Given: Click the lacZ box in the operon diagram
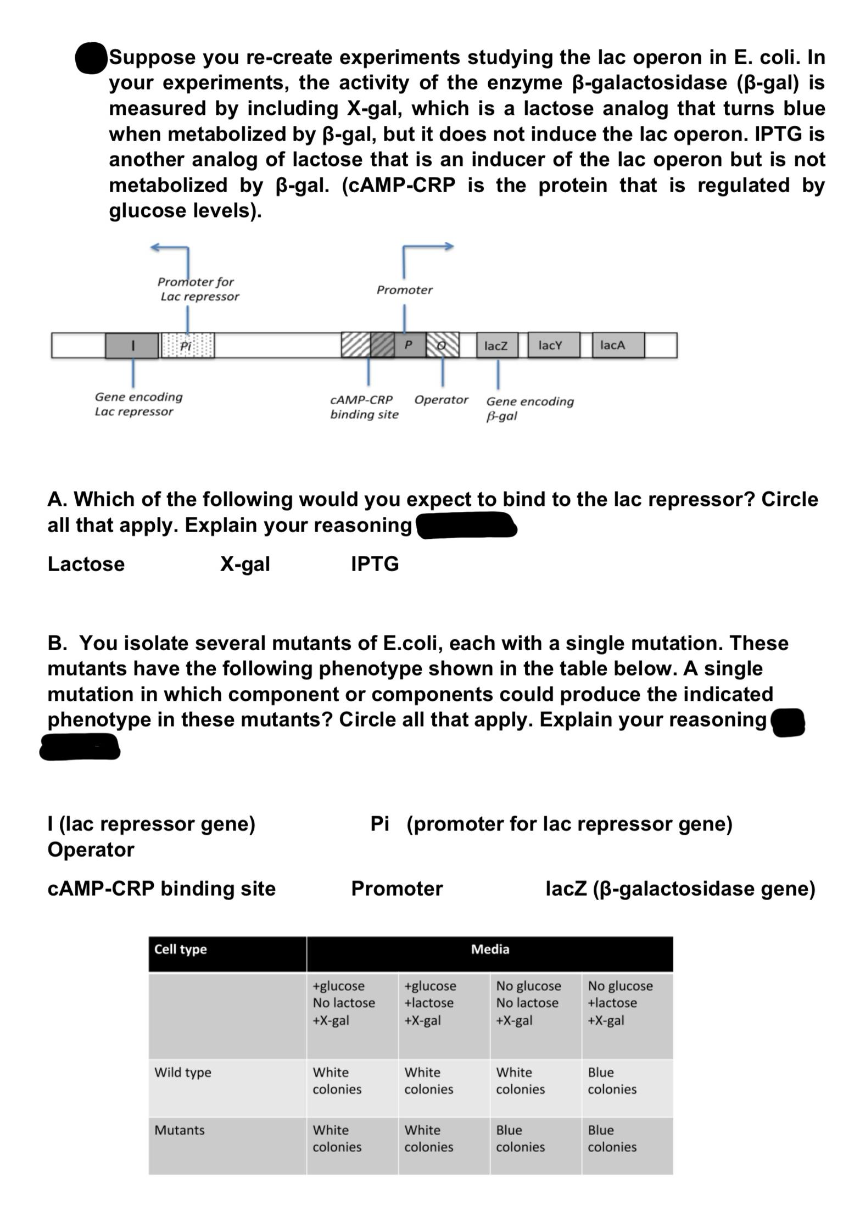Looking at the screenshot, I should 496,345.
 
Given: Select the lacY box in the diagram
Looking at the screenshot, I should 553,345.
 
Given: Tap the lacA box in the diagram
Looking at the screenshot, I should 618,345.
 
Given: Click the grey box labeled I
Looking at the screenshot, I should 132,345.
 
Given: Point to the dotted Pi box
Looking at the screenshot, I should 188,345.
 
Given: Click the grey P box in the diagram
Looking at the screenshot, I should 409,345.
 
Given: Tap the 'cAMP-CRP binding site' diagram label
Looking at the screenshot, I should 364,407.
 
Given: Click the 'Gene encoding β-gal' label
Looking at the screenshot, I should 529,408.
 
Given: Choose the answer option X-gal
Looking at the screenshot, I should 245,564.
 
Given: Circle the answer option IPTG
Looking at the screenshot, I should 375,564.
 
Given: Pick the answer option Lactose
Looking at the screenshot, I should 86,564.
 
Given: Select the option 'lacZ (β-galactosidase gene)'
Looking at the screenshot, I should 680,888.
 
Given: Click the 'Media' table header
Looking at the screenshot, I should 490,949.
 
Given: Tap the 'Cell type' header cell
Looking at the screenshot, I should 181,949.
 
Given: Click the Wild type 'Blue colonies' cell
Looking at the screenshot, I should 612,1080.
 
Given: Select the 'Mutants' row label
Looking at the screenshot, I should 180,1130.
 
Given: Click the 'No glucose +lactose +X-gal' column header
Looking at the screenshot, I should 620,1003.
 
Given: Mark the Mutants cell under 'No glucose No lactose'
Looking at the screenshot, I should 520,1138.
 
